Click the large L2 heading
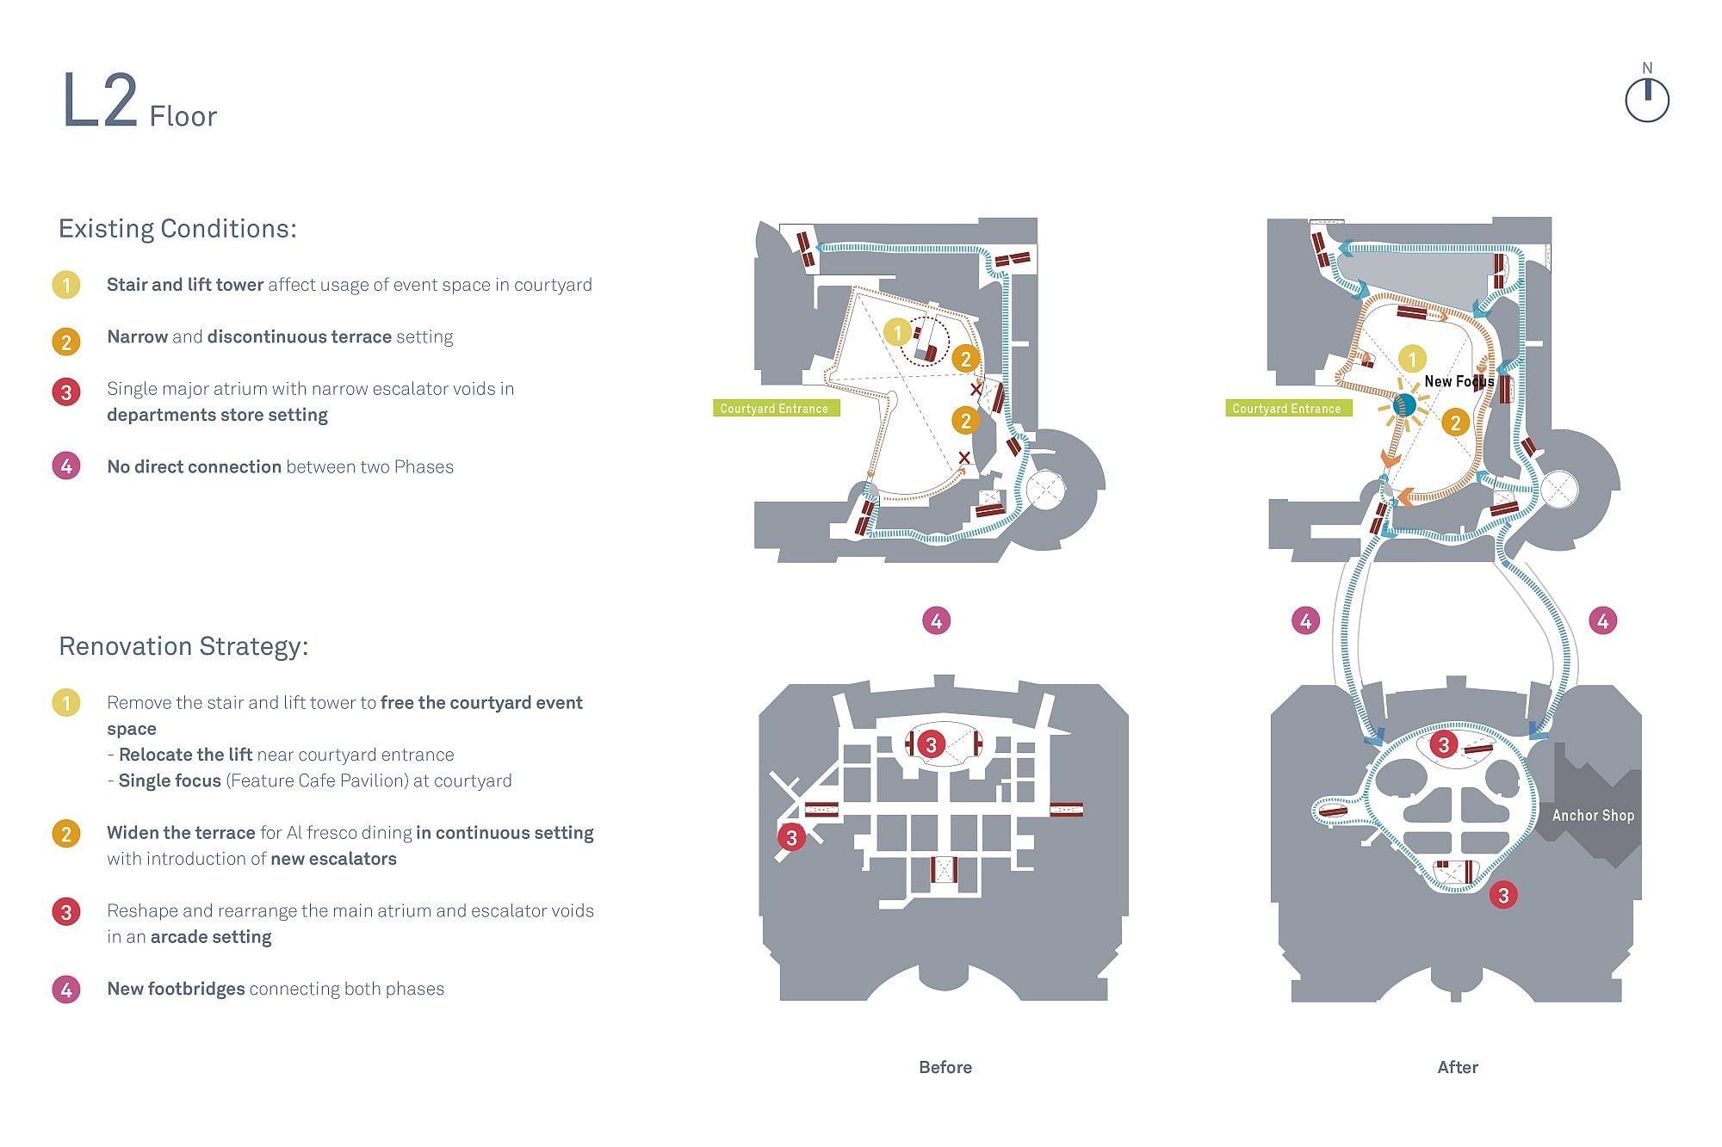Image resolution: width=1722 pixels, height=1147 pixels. [100, 101]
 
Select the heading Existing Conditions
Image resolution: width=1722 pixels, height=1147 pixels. [177, 229]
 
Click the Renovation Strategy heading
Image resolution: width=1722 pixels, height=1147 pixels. [183, 646]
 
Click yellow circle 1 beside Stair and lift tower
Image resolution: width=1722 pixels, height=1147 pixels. [66, 285]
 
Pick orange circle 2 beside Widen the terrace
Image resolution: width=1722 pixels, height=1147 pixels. [66, 834]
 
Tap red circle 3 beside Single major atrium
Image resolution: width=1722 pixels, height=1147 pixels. [66, 392]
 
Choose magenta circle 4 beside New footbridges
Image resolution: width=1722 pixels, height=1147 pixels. [66, 990]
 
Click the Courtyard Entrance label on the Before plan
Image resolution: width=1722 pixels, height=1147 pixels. [775, 409]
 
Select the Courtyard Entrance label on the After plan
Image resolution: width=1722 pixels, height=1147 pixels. [1287, 409]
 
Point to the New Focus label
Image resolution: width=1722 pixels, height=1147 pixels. [1459, 381]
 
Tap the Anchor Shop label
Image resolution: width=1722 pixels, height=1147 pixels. [1593, 816]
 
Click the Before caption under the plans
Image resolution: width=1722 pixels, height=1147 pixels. [945, 1068]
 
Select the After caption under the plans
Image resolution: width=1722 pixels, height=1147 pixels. [1458, 1068]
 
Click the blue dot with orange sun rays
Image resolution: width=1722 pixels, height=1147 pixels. [1404, 404]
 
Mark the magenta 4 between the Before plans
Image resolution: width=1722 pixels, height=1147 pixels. [937, 620]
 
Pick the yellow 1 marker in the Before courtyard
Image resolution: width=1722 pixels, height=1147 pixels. [897, 332]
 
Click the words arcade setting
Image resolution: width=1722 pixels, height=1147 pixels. [211, 937]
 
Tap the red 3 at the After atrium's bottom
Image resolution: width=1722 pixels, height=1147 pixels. [1503, 896]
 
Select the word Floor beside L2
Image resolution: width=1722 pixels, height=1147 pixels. [183, 116]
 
